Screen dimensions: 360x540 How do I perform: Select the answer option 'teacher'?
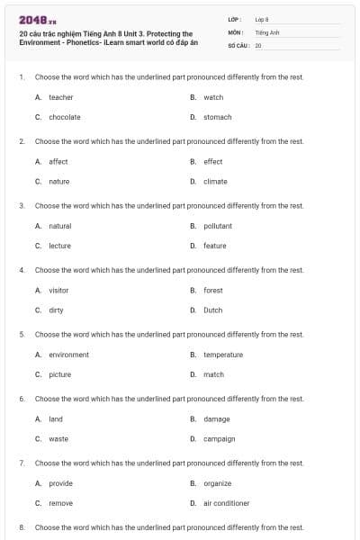click(60, 97)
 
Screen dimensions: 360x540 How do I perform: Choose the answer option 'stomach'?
click(217, 117)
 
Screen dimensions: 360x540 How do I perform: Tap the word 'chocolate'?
click(64, 117)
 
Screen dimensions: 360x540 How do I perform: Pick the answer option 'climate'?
click(215, 181)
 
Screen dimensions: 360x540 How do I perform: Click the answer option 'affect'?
click(58, 161)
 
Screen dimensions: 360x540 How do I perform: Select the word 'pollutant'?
click(217, 226)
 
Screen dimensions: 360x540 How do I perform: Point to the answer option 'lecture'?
click(59, 246)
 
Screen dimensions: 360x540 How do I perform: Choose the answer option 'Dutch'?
click(212, 310)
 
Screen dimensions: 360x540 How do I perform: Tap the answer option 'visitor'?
click(58, 290)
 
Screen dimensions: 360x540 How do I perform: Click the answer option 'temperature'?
click(222, 355)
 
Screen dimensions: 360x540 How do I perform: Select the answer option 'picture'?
click(59, 374)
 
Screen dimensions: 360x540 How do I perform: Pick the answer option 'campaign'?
click(219, 438)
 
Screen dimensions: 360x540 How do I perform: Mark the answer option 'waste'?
click(58, 438)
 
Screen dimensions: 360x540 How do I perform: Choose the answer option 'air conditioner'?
click(226, 503)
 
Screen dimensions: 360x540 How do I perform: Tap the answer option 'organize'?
click(217, 483)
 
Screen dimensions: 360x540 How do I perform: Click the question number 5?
click(21, 335)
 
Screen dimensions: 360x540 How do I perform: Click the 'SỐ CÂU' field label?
click(238, 44)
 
